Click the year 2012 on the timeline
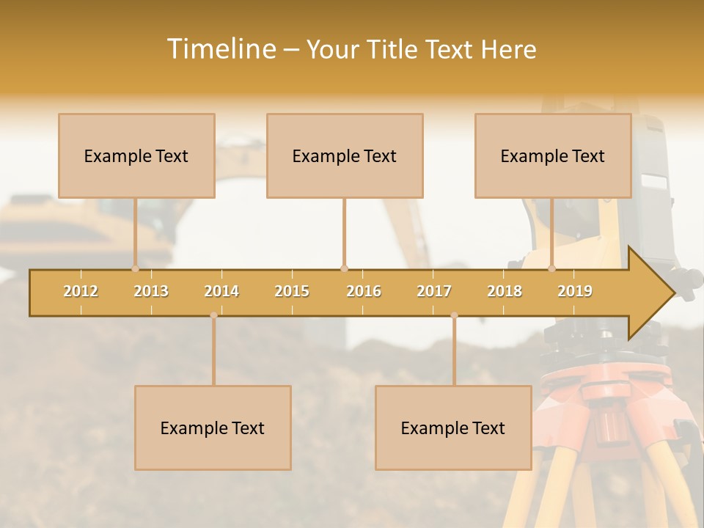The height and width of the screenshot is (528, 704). (81, 291)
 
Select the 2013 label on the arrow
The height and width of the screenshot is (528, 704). (151, 291)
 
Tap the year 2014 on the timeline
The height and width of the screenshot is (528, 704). (221, 291)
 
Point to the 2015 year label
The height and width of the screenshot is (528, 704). (292, 291)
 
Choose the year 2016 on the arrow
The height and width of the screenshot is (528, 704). (364, 291)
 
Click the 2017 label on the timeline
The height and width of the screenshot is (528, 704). (434, 291)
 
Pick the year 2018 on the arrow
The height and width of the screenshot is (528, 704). (505, 291)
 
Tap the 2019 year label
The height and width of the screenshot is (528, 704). (575, 291)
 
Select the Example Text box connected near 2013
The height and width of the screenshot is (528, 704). (136, 155)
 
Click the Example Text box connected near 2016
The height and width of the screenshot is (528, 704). (345, 155)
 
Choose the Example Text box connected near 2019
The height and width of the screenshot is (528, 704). (553, 155)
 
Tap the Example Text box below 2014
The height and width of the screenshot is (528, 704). (213, 428)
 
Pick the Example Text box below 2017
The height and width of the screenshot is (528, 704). (453, 428)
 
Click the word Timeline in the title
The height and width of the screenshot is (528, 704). (221, 49)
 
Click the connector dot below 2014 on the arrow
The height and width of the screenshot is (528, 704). (213, 315)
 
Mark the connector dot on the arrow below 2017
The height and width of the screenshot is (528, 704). (454, 315)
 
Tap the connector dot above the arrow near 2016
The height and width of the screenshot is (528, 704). (344, 268)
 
